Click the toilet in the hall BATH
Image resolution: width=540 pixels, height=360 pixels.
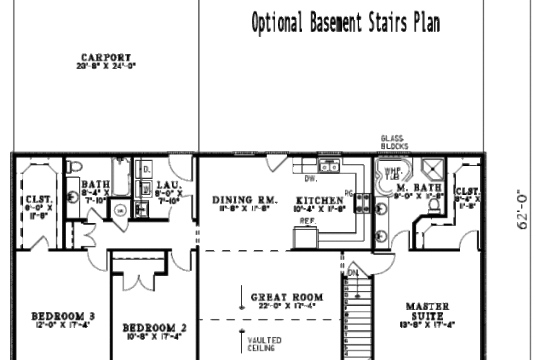73,167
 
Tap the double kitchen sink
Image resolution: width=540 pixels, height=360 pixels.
330,167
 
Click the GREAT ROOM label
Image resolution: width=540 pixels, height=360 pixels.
287,297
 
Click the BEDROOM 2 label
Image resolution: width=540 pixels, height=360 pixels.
154,328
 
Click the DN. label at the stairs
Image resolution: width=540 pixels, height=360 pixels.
353,273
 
